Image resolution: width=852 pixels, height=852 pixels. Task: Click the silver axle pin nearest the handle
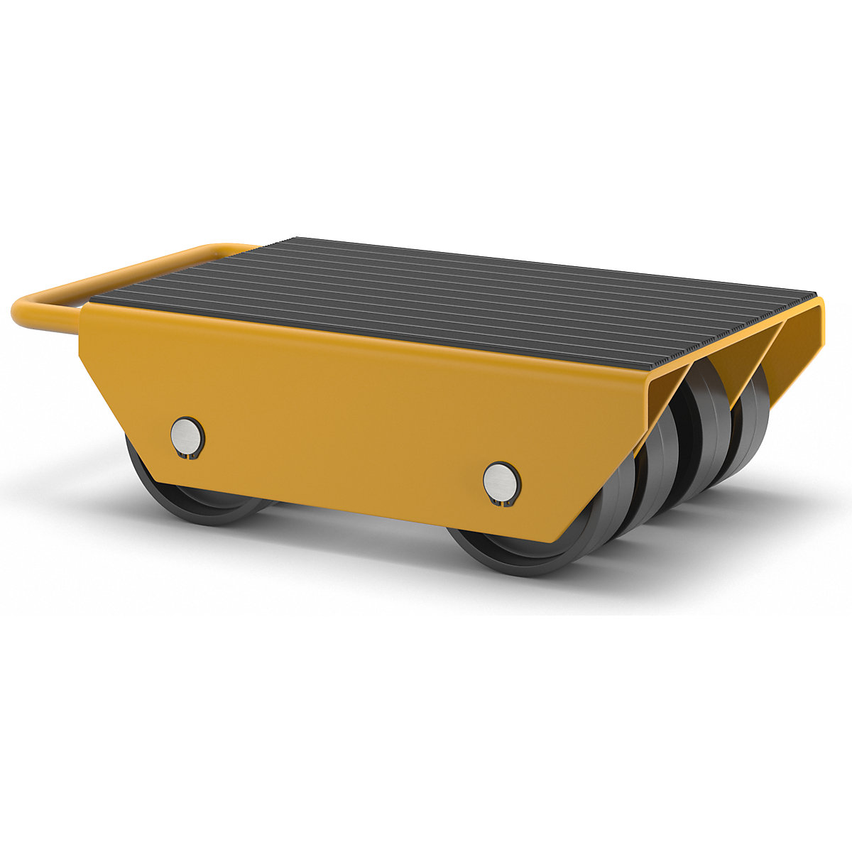[187, 434]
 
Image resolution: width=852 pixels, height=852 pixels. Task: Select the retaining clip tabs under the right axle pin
[502, 502]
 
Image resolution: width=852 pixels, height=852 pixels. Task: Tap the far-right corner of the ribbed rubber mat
[815, 293]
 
